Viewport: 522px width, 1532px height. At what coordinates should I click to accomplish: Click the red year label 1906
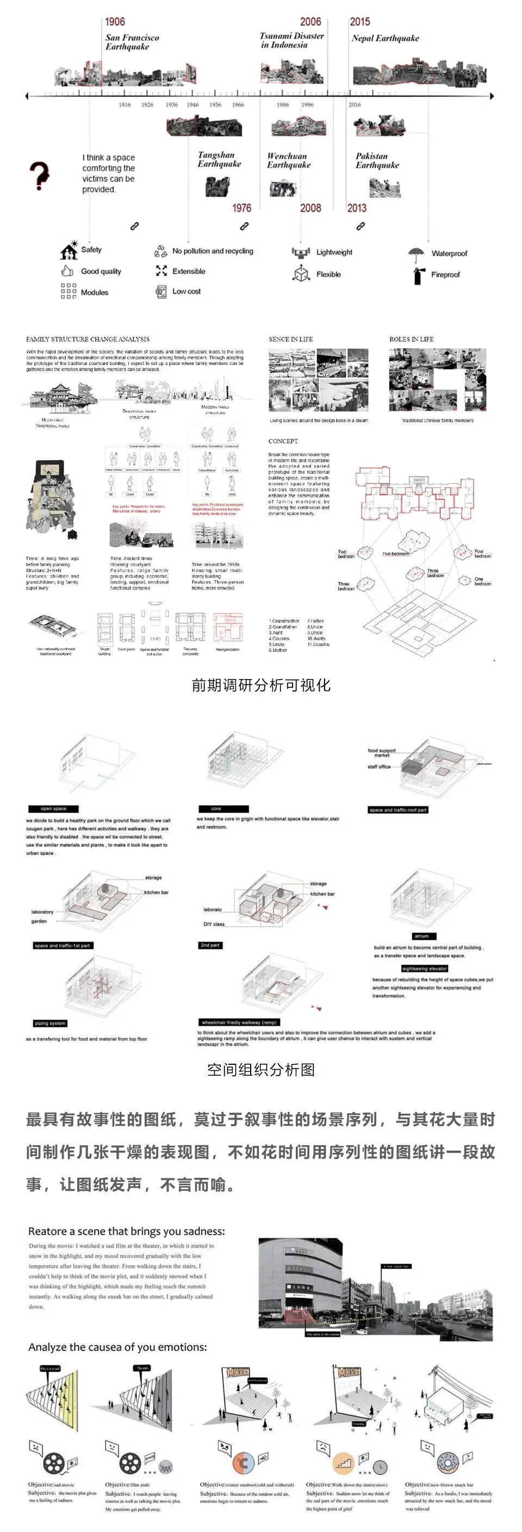115,22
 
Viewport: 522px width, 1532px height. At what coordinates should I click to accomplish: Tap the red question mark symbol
39,175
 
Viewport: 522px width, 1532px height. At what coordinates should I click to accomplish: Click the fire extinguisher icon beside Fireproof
418,275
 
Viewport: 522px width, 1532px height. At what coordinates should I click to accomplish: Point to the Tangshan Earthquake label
219,159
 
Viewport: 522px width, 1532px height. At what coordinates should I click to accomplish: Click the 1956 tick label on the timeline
215,105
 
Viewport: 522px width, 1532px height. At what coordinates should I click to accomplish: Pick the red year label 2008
310,208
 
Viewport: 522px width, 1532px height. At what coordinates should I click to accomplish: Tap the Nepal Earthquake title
385,38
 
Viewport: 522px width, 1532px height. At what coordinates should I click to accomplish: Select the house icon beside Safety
69,250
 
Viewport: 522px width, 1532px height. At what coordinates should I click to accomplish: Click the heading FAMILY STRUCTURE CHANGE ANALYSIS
88,339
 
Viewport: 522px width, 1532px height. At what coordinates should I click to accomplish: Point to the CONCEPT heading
283,441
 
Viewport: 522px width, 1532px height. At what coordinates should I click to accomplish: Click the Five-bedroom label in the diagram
395,554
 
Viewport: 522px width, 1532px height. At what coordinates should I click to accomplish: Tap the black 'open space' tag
54,809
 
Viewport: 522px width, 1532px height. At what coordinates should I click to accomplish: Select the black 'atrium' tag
421,936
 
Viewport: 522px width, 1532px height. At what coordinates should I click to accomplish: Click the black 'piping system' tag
50,1024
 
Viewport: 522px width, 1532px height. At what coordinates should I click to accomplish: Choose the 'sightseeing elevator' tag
424,969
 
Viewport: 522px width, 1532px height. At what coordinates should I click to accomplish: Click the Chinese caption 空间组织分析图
260,1070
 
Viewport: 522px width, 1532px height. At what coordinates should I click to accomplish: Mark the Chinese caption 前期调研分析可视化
260,685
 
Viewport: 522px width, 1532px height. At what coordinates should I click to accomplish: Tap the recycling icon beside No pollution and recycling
161,251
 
